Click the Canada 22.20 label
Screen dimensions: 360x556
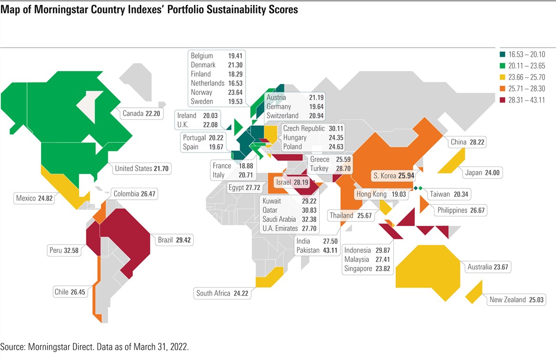point(141,113)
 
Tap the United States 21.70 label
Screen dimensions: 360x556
point(142,168)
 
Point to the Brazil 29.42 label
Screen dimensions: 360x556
point(174,240)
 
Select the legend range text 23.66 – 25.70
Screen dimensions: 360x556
point(527,77)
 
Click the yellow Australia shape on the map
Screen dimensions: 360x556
point(427,267)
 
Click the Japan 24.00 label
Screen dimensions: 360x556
point(482,173)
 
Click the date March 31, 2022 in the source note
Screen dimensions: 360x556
point(156,347)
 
